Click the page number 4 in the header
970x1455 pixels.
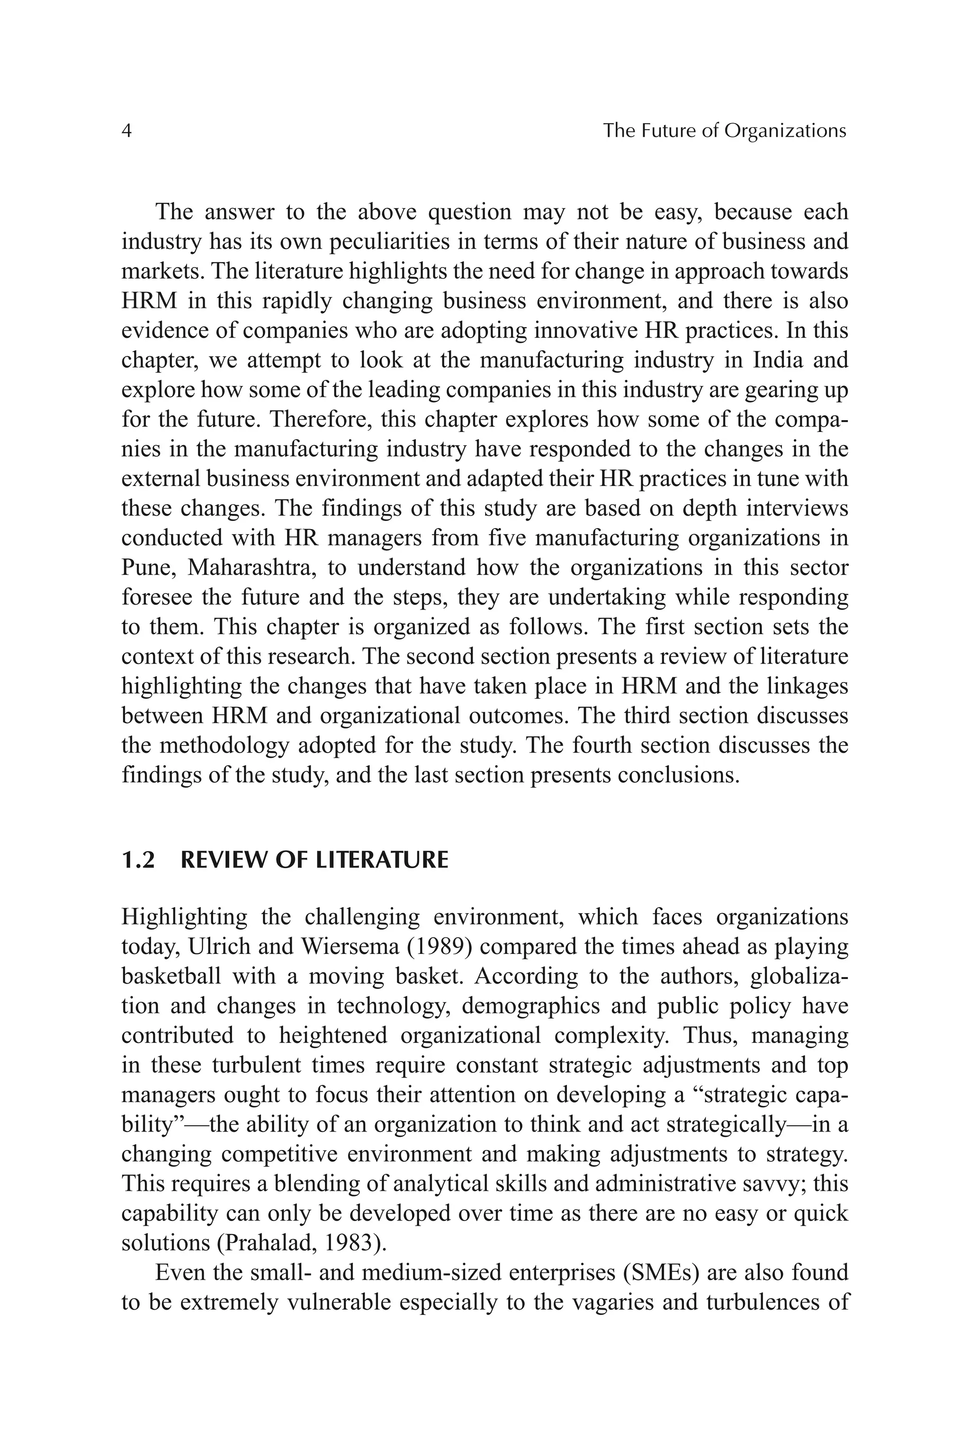(126, 131)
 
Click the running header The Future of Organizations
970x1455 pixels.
(724, 131)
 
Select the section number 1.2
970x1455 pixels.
(138, 861)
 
